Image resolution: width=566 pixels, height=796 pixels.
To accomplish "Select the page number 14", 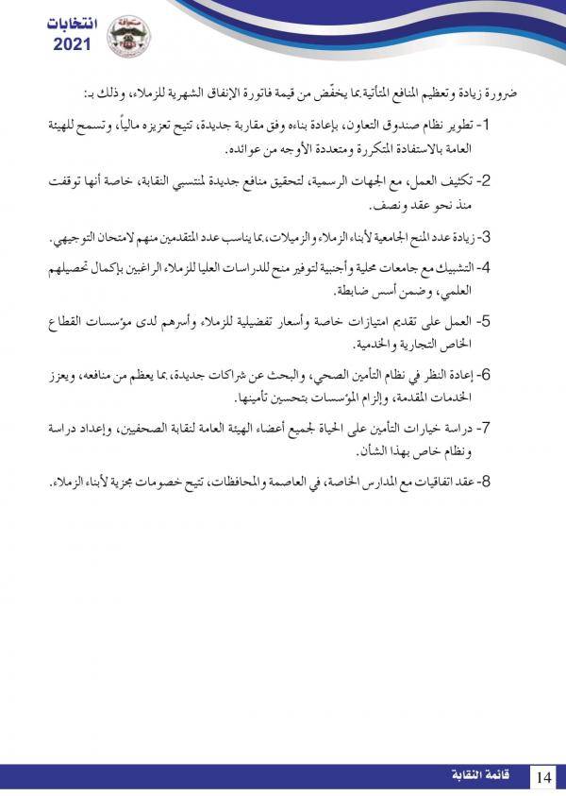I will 542,776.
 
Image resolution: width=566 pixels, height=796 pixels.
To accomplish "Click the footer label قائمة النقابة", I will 482,776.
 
